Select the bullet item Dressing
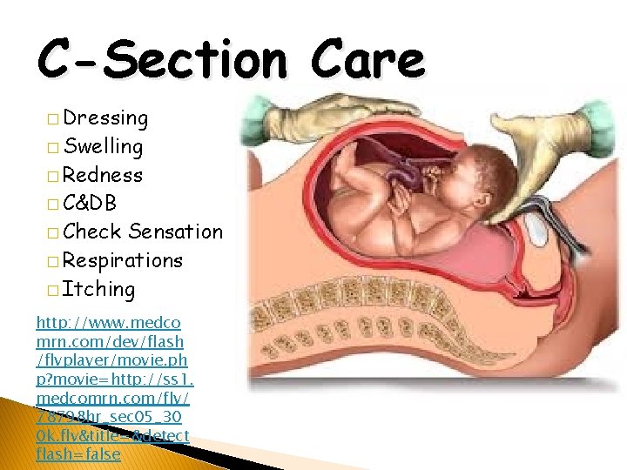[105, 117]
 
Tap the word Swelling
[104, 146]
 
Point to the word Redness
[103, 175]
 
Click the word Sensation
[176, 232]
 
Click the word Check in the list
[92, 232]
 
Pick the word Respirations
[123, 260]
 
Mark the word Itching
[99, 289]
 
